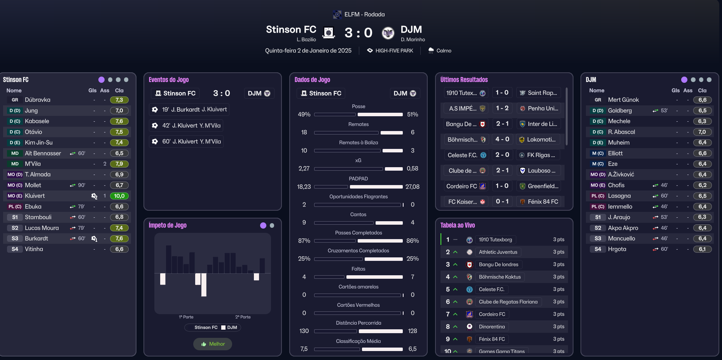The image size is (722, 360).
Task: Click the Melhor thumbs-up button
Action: click(x=213, y=344)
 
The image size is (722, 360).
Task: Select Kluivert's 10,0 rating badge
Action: click(x=119, y=196)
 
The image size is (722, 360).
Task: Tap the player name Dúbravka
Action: click(x=37, y=100)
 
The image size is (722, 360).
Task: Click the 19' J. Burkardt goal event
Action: click(x=189, y=110)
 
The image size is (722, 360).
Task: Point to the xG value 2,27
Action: click(x=304, y=168)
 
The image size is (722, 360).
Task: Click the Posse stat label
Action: click(x=358, y=107)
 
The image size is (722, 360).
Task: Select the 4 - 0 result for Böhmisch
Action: click(x=502, y=139)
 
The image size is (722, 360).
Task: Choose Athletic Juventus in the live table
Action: click(x=498, y=252)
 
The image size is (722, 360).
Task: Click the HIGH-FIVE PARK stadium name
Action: click(x=394, y=51)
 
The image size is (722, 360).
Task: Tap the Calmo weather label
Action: click(x=444, y=51)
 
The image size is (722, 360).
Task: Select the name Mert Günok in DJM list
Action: click(x=623, y=100)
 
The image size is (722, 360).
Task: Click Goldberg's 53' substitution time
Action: click(x=664, y=111)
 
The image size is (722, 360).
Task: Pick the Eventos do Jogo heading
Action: click(x=169, y=80)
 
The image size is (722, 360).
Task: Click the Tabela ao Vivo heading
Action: click(x=457, y=225)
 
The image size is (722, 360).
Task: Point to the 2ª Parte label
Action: click(x=243, y=317)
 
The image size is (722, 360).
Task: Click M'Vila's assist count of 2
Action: click(x=105, y=164)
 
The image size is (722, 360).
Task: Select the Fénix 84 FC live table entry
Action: click(x=491, y=339)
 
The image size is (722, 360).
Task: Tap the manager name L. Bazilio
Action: click(x=306, y=40)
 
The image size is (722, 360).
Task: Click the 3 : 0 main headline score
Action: click(x=358, y=33)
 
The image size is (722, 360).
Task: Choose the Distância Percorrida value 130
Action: click(x=304, y=331)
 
